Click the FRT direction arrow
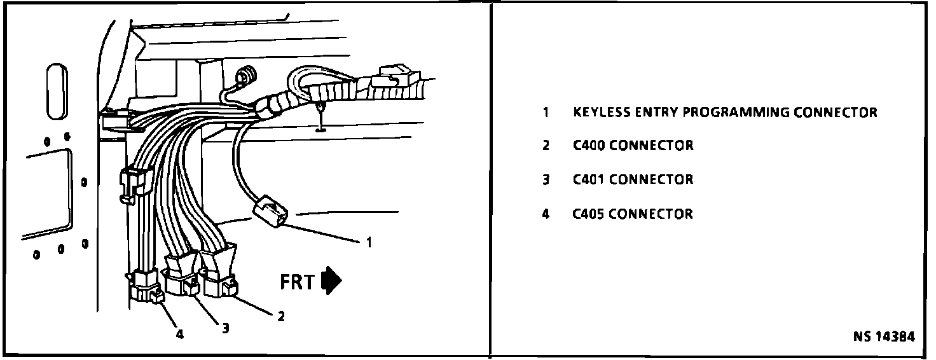(332, 281)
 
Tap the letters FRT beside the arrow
(298, 282)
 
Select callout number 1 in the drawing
(368, 242)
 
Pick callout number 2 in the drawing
(280, 315)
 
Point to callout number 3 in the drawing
(224, 328)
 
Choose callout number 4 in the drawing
(179, 334)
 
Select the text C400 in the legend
(588, 146)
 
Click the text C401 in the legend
(588, 179)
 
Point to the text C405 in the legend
(588, 214)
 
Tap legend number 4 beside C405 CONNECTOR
(545, 214)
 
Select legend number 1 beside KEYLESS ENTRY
(545, 113)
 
